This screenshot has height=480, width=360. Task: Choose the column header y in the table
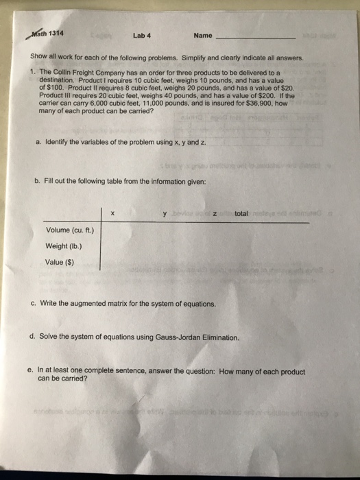coord(165,214)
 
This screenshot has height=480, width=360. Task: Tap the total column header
coord(241,214)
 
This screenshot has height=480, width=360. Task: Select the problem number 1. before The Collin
coord(32,71)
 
